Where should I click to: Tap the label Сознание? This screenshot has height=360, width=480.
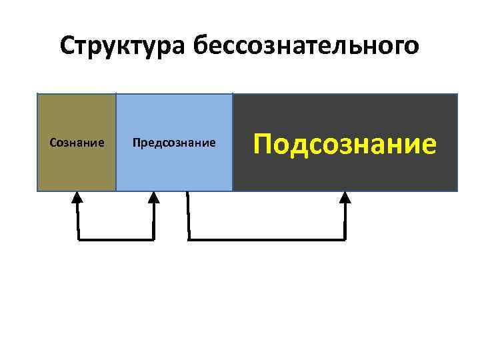[x=77, y=142]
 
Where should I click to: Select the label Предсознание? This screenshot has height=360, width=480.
[x=174, y=142]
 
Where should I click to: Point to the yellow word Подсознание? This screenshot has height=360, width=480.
[x=345, y=142]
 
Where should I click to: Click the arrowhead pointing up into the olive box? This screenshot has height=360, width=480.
[x=77, y=197]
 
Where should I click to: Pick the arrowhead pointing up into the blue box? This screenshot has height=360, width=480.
[x=154, y=197]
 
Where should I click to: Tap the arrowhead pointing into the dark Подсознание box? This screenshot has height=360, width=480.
[x=345, y=197]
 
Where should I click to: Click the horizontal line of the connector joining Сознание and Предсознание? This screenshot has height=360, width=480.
[x=116, y=239]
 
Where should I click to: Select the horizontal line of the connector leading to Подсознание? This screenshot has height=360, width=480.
[x=267, y=239]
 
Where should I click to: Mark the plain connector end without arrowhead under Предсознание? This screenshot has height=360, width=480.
[x=188, y=195]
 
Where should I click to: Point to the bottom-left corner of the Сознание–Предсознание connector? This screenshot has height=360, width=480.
[x=78, y=239]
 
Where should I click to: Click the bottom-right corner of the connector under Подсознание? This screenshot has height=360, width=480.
[x=345, y=239]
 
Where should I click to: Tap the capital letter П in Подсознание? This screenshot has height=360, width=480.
[x=265, y=142]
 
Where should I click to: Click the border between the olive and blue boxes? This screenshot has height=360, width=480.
[x=116, y=142]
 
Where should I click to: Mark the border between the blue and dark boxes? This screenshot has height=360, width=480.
[x=233, y=142]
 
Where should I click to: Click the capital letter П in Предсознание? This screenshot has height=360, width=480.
[x=136, y=142]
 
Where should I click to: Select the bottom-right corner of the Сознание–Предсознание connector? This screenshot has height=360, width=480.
[x=154, y=239]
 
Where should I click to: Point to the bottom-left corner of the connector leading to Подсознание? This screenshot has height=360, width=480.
[x=189, y=239]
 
